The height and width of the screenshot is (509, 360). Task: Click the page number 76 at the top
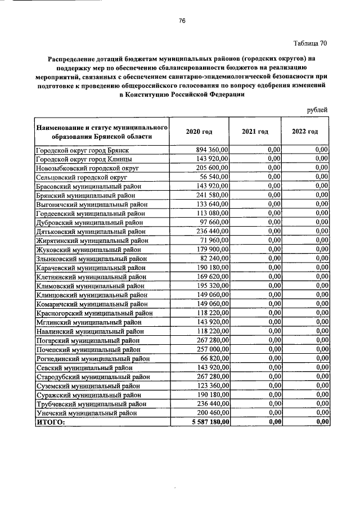pos(182,21)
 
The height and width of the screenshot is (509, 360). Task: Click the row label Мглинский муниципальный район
pos(88,322)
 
